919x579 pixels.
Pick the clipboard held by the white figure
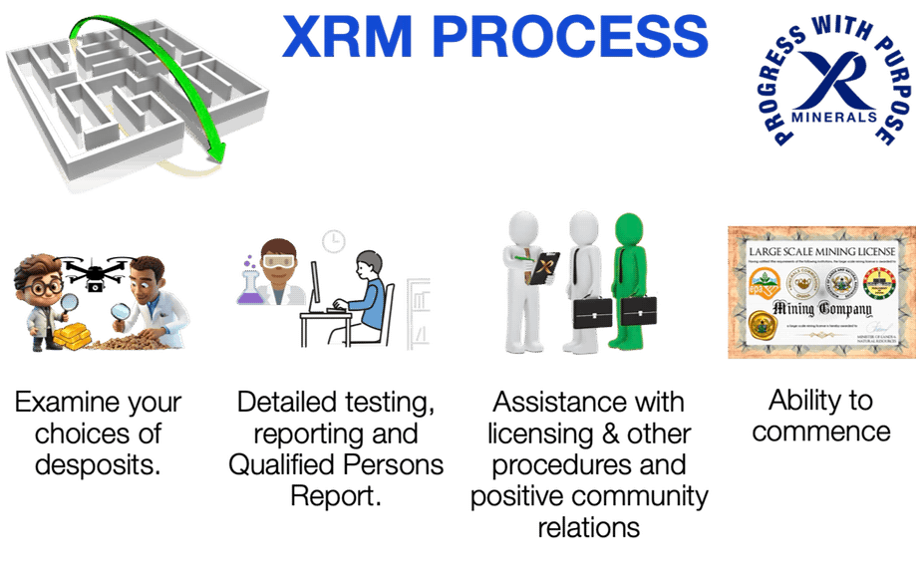coord(542,269)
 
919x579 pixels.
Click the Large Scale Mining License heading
coord(819,250)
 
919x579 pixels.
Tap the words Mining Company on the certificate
coord(819,309)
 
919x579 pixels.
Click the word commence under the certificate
coord(820,432)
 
